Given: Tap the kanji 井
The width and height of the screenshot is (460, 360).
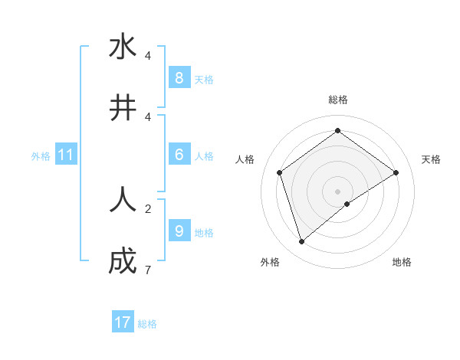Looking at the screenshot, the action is [123, 108].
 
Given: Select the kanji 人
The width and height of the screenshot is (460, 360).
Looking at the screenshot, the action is [123, 200].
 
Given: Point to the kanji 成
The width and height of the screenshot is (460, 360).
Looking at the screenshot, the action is [123, 261].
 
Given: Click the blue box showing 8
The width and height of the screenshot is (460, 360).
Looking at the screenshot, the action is [179, 77].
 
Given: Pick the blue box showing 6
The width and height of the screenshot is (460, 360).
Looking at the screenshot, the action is [179, 154].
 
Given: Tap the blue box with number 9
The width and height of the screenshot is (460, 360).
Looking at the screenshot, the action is [179, 231].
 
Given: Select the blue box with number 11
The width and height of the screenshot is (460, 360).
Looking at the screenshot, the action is [65, 155].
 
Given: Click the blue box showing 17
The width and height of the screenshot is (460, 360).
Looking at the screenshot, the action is [123, 322].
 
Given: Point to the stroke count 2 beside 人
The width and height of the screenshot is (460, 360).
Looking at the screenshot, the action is [148, 208].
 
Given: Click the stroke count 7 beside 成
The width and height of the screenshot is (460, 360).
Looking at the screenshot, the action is [148, 270].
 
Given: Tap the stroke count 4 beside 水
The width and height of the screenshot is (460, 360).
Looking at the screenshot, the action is [148, 55].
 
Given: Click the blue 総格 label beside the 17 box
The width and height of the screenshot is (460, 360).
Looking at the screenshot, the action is [147, 324].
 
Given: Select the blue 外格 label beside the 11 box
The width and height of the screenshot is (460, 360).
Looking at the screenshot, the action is [41, 156].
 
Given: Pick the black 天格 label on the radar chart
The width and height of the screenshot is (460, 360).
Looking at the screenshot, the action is [431, 159].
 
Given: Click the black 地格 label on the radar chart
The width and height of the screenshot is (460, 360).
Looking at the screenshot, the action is [402, 262].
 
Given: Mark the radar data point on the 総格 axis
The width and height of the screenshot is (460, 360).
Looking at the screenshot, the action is [337, 131].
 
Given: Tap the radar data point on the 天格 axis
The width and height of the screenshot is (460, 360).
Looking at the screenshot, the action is [396, 172].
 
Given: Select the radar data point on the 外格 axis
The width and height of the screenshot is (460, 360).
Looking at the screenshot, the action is [302, 242].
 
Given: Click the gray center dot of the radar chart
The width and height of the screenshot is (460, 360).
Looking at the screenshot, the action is [337, 191].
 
